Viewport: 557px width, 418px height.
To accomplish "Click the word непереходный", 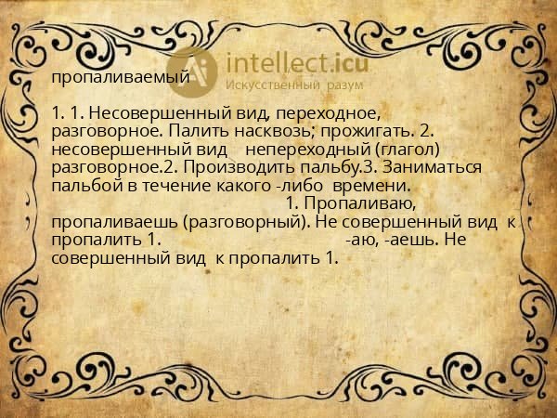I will pos(306,149).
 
